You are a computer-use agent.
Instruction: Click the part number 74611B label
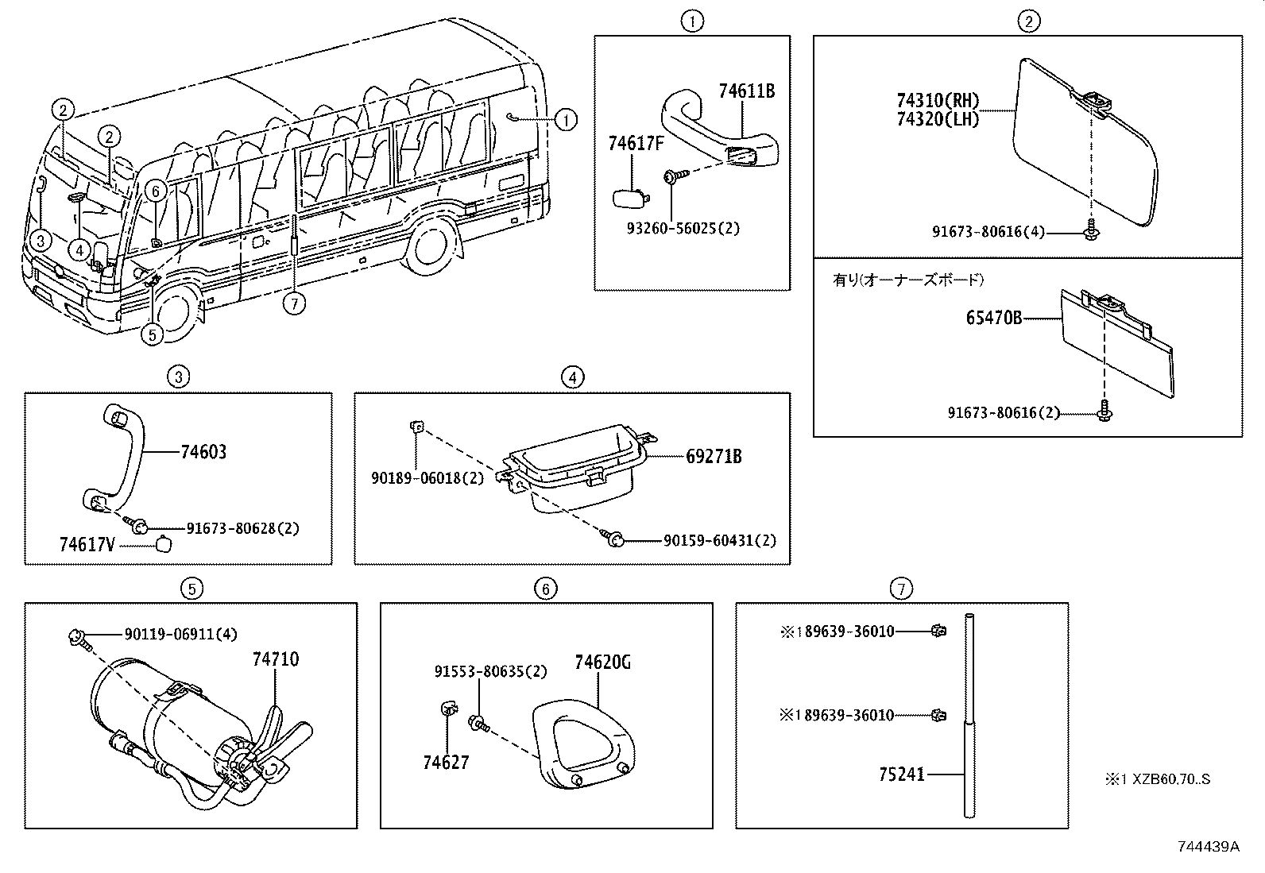(x=746, y=91)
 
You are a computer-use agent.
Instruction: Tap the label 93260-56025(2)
(x=683, y=228)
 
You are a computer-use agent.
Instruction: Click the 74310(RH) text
(x=938, y=101)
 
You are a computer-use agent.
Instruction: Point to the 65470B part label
(x=993, y=318)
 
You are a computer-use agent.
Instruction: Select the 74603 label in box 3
(x=203, y=452)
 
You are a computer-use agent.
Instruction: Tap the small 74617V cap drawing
(x=165, y=543)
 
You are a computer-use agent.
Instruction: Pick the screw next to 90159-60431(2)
(x=614, y=539)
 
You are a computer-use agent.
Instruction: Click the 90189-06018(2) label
(x=427, y=479)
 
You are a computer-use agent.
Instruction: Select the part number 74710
(x=276, y=659)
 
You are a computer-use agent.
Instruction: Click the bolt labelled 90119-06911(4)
(x=78, y=635)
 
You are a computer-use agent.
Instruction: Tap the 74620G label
(x=602, y=662)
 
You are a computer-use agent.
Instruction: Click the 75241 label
(x=902, y=773)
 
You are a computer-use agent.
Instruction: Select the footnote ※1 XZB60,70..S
(x=1158, y=779)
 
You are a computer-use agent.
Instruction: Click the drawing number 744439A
(x=1208, y=846)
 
